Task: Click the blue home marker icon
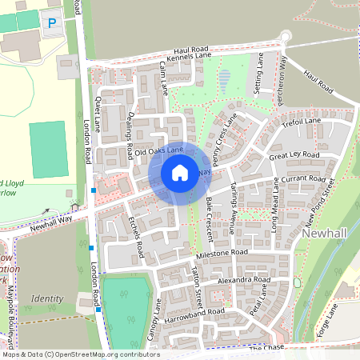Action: (179, 173)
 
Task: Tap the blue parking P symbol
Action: (53, 23)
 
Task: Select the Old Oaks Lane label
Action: (159, 150)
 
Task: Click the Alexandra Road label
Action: (240, 282)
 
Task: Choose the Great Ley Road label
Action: (294, 155)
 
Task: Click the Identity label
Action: (46, 298)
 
